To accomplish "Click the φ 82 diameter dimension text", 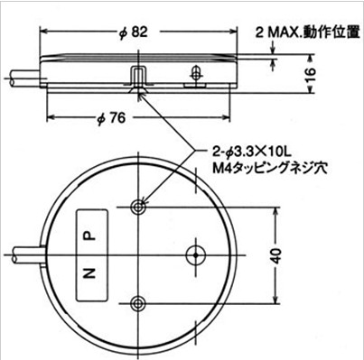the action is [133, 32].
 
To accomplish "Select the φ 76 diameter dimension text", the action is [110, 118].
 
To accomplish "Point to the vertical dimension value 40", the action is [276, 256].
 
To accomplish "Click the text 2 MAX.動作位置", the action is [307, 32].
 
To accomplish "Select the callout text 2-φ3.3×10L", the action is [251, 153].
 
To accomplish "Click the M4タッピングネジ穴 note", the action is [269, 168].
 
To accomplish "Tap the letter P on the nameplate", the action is [89, 235].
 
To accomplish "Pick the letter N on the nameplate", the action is [89, 273].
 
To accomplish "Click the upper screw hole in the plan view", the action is [138, 207].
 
